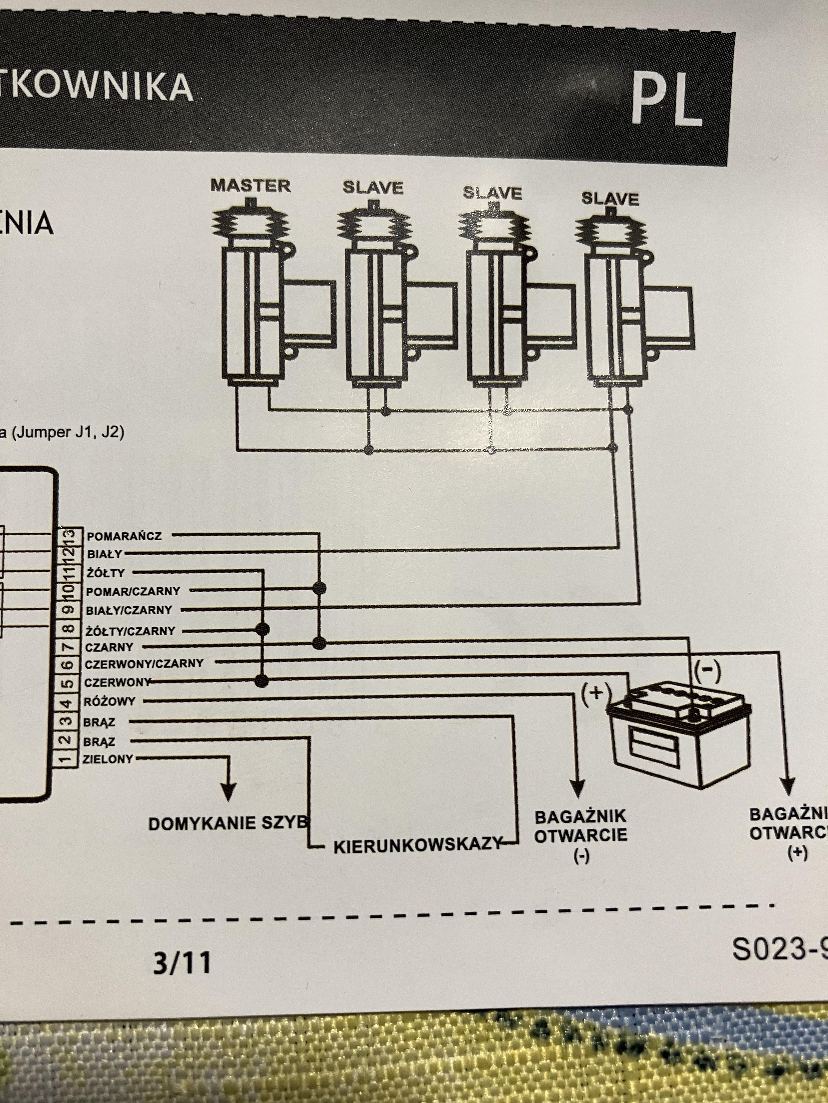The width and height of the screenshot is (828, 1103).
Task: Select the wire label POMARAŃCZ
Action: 124,536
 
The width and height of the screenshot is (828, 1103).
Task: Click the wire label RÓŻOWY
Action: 109,702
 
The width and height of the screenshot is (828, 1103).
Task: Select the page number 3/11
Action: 182,963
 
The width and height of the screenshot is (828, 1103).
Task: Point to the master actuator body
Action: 253,314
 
